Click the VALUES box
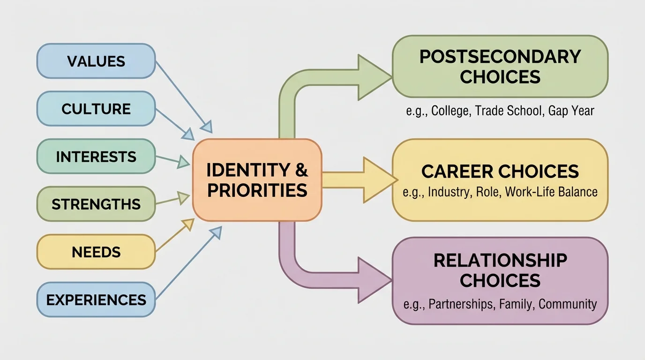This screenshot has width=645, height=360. tap(96, 61)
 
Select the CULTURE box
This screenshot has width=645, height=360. tap(96, 109)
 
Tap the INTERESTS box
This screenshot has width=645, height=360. tap(96, 157)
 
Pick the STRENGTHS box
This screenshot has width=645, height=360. tap(96, 204)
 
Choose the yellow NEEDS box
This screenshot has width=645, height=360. tap(96, 252)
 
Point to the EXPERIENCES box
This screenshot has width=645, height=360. tap(96, 300)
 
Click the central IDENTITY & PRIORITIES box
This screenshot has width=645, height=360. tap(257, 180)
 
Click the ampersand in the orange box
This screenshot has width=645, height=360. tap(301, 170)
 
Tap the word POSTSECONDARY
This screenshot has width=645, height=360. tap(500, 57)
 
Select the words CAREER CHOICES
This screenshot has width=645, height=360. tap(500, 172)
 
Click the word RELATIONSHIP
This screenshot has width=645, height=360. tap(500, 261)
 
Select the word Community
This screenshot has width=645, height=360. tap(567, 304)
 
